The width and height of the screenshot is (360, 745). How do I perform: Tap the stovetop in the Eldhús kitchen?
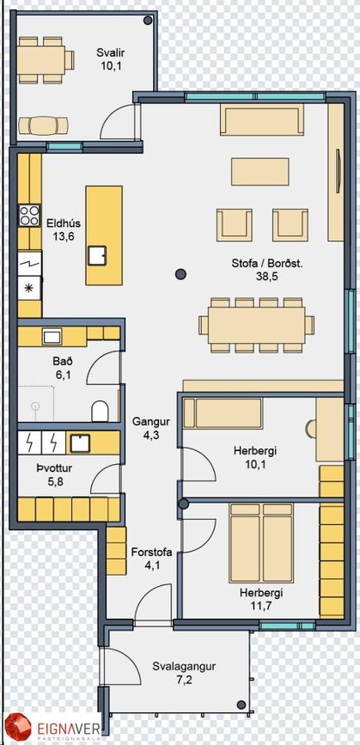[29, 215]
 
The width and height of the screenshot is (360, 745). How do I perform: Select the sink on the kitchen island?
[97, 255]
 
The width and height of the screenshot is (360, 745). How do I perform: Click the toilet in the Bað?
[100, 411]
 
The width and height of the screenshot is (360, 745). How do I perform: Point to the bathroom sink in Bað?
[52, 338]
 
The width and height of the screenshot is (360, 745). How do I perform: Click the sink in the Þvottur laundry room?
[79, 443]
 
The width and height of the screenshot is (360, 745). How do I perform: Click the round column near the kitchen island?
[180, 273]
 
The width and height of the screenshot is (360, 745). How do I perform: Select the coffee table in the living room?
[259, 172]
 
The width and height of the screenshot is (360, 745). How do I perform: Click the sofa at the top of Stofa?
[262, 120]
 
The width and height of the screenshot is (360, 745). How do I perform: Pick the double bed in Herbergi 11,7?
[261, 543]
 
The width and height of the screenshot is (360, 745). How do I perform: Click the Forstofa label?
[151, 553]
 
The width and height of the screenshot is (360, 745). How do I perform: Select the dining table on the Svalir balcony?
[42, 60]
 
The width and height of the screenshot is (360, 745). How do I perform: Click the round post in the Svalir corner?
[148, 21]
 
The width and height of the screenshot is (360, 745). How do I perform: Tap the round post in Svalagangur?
[241, 704]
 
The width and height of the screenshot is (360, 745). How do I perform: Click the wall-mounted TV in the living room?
[339, 172]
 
